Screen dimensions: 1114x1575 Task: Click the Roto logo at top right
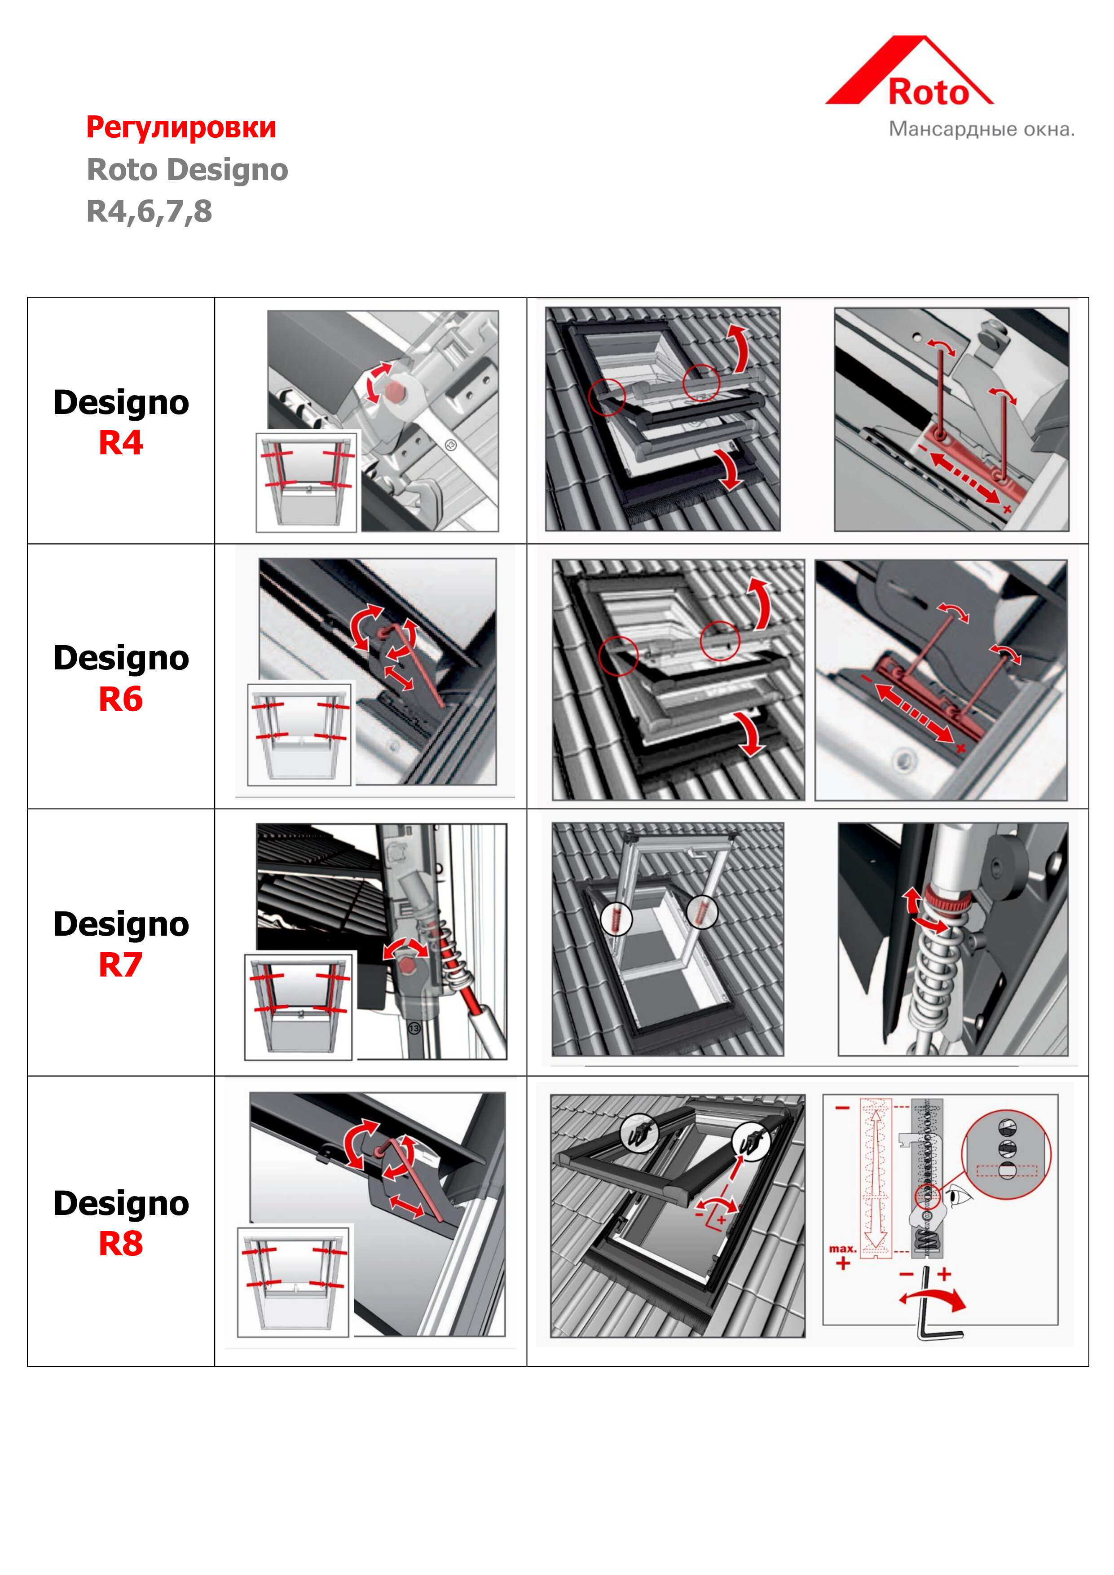pyautogui.click(x=910, y=71)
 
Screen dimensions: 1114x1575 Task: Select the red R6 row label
pyautogui.click(x=121, y=699)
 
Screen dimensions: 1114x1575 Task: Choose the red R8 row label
pyautogui.click(x=121, y=1243)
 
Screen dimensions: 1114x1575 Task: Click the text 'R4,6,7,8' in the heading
pyautogui.click(x=150, y=212)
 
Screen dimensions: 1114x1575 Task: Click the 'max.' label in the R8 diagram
pyautogui.click(x=842, y=1249)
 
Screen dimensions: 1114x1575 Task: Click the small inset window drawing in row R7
pyautogui.click(x=299, y=1006)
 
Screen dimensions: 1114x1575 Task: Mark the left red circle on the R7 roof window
pyautogui.click(x=616, y=919)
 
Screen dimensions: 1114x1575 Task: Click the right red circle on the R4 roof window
pyautogui.click(x=701, y=382)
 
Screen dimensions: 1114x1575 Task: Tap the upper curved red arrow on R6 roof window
pyautogui.click(x=760, y=603)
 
